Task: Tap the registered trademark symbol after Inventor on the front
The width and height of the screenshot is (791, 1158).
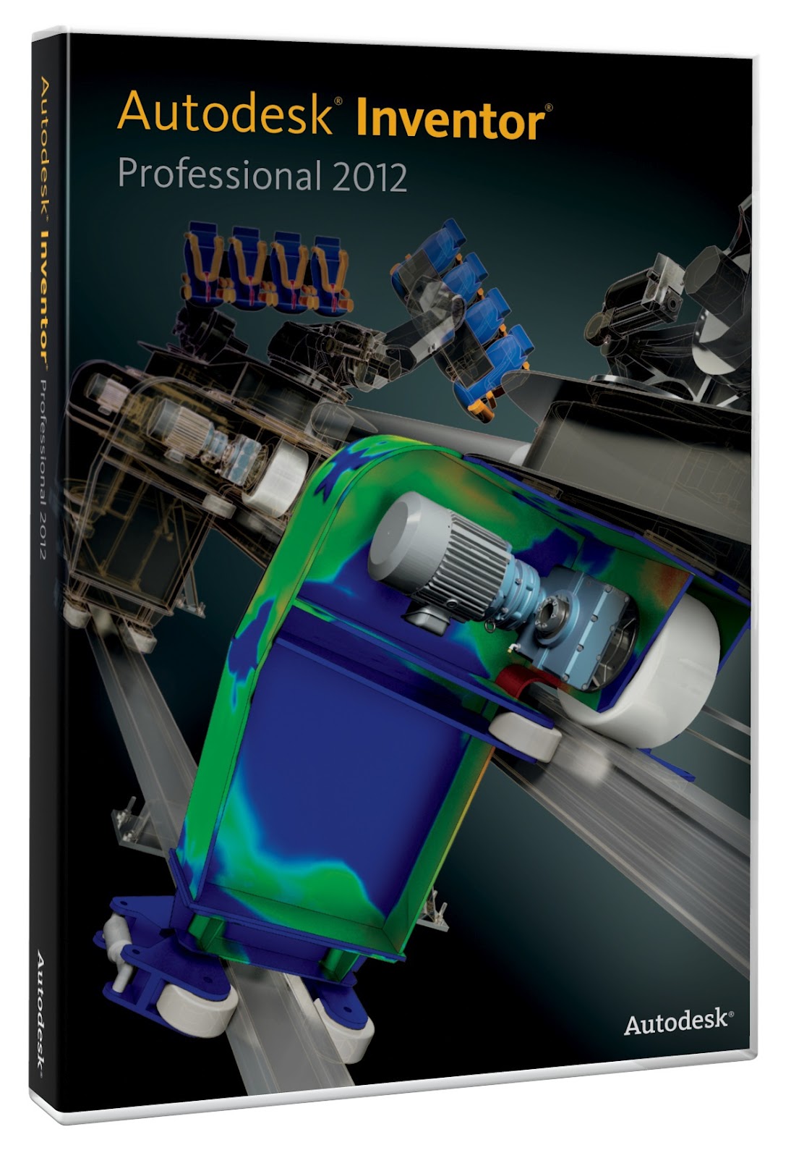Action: point(549,106)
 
